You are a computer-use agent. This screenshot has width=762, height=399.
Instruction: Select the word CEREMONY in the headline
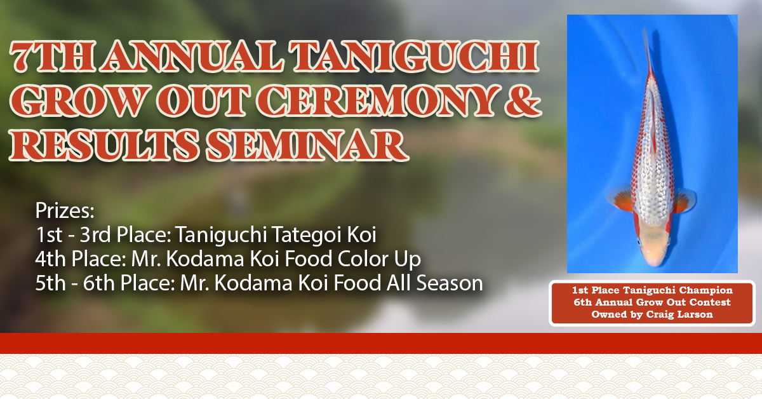point(377,101)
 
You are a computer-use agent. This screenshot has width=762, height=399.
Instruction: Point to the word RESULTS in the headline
point(104,145)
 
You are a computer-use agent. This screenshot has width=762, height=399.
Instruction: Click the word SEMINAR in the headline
point(307,145)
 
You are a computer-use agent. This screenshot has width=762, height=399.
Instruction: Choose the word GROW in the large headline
point(80,101)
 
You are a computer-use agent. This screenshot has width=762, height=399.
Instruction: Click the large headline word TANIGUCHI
point(414,57)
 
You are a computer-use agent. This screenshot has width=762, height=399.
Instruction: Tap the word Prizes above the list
point(65,210)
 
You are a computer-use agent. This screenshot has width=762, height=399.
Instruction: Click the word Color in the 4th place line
point(363,259)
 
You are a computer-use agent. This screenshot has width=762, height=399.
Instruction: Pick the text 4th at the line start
point(50,259)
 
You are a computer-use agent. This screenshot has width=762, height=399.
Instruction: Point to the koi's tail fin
point(647,51)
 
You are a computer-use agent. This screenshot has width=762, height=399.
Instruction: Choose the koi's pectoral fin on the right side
point(684,201)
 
